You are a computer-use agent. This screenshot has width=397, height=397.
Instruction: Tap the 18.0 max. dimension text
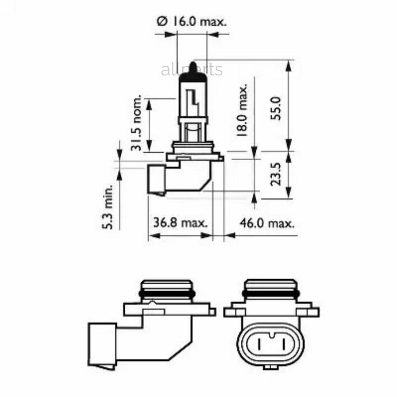242,111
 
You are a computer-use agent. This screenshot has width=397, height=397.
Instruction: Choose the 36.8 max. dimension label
180,223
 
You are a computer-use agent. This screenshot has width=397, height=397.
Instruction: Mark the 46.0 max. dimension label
266,223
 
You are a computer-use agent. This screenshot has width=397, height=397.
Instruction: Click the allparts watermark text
191,70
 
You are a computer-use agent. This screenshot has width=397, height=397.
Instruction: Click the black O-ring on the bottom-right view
271,293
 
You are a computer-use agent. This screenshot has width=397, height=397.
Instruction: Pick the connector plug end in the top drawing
157,180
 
